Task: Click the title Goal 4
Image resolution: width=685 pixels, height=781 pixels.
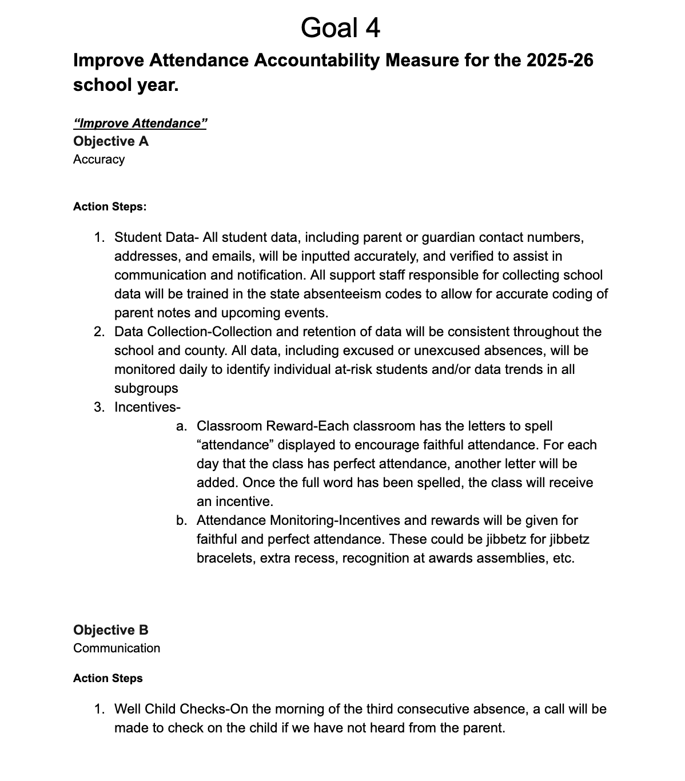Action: [340, 27]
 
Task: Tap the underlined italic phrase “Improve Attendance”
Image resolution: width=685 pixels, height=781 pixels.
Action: [140, 123]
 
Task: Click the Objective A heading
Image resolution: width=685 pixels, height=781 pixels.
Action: [111, 141]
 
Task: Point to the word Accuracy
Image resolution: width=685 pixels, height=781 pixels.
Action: [99, 160]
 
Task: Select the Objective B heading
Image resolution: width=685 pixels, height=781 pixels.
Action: [111, 630]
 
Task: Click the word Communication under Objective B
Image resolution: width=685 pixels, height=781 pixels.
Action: [117, 648]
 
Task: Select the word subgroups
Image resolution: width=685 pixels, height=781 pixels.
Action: [146, 388]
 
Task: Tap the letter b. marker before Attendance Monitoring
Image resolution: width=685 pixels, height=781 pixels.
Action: [182, 520]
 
